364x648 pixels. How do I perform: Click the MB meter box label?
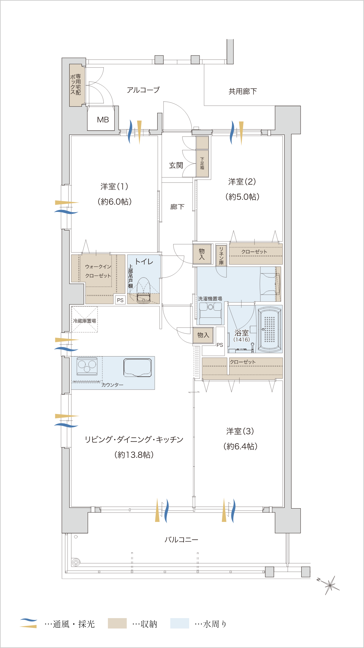(x=103, y=120)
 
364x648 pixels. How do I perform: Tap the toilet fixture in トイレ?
(x=143, y=291)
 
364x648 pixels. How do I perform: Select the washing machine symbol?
(x=210, y=313)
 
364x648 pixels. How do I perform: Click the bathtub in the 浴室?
(x=269, y=329)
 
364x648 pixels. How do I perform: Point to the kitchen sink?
(x=137, y=368)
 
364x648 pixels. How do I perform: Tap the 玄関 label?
(x=176, y=165)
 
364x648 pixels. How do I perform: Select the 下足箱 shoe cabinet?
(x=202, y=163)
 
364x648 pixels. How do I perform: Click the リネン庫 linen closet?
(x=221, y=255)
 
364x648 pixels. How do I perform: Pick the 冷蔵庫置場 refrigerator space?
(x=84, y=319)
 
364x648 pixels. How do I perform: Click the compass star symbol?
(x=330, y=585)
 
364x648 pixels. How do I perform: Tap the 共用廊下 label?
(x=243, y=91)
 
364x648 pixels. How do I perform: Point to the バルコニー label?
(x=181, y=539)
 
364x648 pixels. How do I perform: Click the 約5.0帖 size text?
(x=242, y=197)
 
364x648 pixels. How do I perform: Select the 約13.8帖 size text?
(x=134, y=455)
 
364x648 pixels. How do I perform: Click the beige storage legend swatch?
(x=117, y=623)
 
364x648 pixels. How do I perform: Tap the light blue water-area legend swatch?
(x=180, y=623)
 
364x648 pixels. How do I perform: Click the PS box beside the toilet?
(x=120, y=300)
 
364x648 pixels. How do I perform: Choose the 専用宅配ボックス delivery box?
(x=75, y=85)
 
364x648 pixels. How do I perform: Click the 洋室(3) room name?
(x=240, y=431)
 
